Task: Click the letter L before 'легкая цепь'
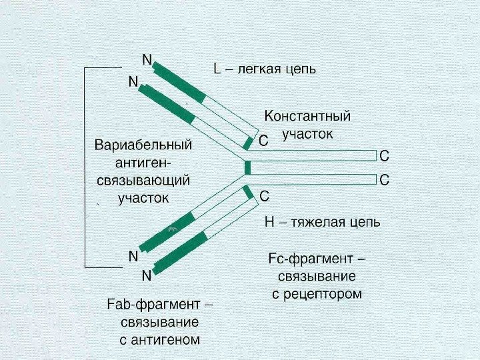pos(217,69)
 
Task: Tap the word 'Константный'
pos(307,117)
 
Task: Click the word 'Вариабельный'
pos(143,145)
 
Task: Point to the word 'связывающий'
pos(143,181)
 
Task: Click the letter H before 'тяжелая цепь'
pos(270,222)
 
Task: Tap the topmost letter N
pos(147,59)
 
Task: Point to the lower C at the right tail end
pos(384,180)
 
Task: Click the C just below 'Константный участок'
pos(263,141)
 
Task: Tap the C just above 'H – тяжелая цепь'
pos(264,197)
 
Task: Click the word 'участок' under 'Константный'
pos(307,134)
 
